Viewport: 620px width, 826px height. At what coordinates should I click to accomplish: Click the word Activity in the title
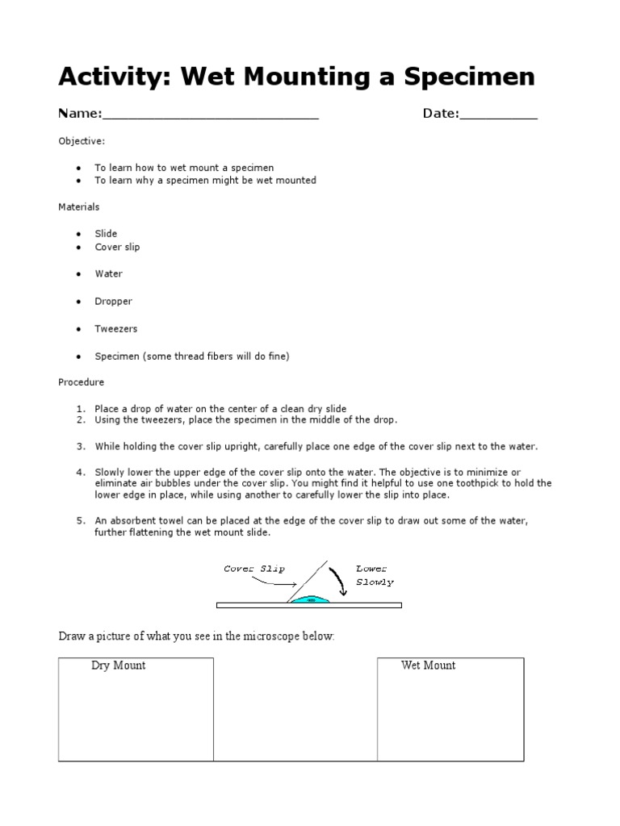[114, 77]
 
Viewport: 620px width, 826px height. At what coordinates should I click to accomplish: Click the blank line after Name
[211, 115]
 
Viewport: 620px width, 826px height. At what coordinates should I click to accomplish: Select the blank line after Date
[498, 115]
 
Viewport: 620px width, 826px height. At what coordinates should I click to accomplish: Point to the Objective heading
[82, 141]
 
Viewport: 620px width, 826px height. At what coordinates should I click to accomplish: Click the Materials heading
[79, 207]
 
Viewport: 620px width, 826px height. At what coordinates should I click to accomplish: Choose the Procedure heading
[81, 382]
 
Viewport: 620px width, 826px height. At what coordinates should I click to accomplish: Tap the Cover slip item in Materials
[117, 247]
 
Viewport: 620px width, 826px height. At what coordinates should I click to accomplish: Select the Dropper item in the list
[113, 301]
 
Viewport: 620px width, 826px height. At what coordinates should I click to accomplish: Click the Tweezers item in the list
[116, 329]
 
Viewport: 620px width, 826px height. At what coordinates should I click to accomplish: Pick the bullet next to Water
[78, 274]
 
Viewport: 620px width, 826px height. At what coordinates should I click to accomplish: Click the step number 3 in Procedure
[82, 446]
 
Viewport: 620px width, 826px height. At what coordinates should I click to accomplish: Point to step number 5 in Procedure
[82, 521]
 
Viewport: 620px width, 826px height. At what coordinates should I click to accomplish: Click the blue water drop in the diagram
[310, 599]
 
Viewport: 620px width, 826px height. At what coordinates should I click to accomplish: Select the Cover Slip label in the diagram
[254, 569]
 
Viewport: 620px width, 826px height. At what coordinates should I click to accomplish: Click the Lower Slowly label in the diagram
[375, 574]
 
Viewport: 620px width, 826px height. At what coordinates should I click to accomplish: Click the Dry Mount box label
[118, 665]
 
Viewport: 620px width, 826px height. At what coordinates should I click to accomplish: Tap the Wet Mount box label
[428, 665]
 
